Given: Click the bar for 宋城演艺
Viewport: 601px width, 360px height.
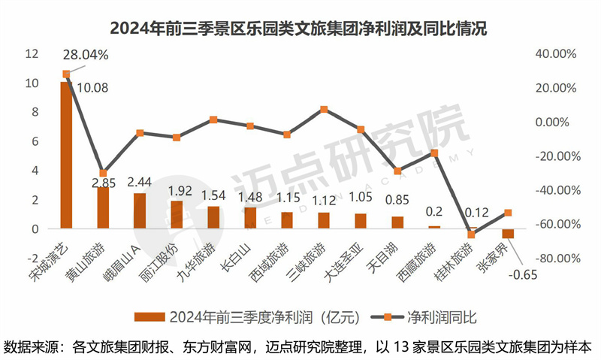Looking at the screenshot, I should (66, 155).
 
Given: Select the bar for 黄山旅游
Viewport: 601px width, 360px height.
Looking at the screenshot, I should (103, 207).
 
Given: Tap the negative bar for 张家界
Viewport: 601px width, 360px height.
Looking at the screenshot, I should (508, 234).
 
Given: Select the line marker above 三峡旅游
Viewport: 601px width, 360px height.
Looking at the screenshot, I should (324, 109).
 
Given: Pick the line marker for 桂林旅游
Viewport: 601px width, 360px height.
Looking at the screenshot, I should (471, 234).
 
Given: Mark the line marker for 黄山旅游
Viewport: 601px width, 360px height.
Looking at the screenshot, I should (103, 173).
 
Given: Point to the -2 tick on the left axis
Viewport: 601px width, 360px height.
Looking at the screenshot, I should (32, 258).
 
